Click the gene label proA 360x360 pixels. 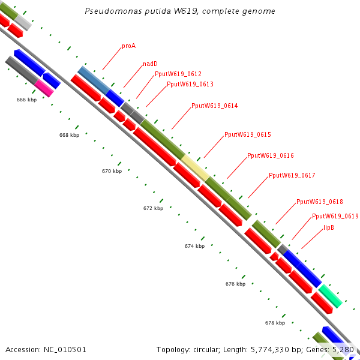point(128,46)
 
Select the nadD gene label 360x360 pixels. point(150,64)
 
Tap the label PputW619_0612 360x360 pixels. point(174,74)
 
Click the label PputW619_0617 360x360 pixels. point(292,175)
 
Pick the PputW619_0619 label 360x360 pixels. point(335,216)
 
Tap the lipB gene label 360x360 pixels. point(329,227)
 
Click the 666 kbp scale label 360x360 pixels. point(26,100)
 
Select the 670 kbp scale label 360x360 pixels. point(112,171)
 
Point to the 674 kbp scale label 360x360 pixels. point(194,246)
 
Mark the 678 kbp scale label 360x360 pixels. point(275,323)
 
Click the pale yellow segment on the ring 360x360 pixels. point(196,167)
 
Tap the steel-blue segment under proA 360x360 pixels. point(93,80)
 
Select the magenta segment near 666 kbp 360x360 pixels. point(44,88)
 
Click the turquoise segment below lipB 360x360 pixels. point(330,295)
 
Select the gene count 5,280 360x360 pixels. point(343,349)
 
